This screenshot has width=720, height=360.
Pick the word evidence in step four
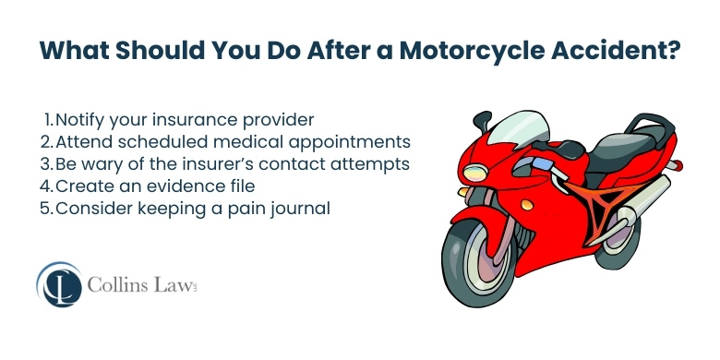(x=170, y=186)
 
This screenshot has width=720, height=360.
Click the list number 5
(x=48, y=209)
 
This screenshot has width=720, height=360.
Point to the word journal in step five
(x=300, y=209)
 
